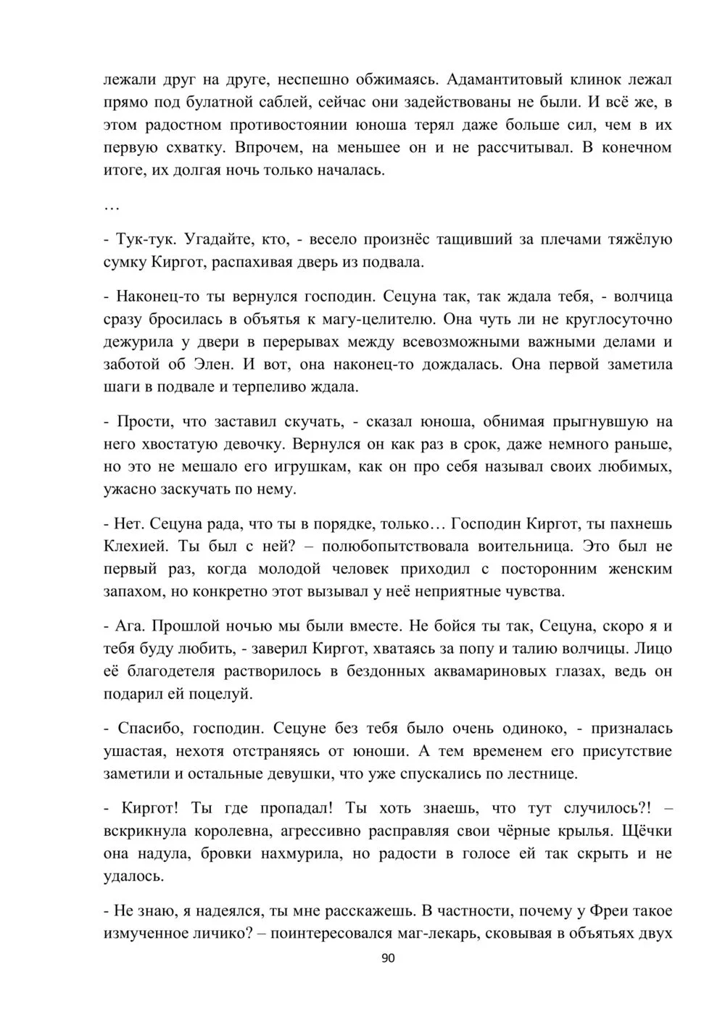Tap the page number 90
(x=388, y=958)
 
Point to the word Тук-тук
(x=143, y=239)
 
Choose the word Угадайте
(x=222, y=239)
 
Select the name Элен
(x=219, y=365)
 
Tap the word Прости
(x=141, y=421)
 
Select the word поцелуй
(x=223, y=694)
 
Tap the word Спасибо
(x=146, y=728)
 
